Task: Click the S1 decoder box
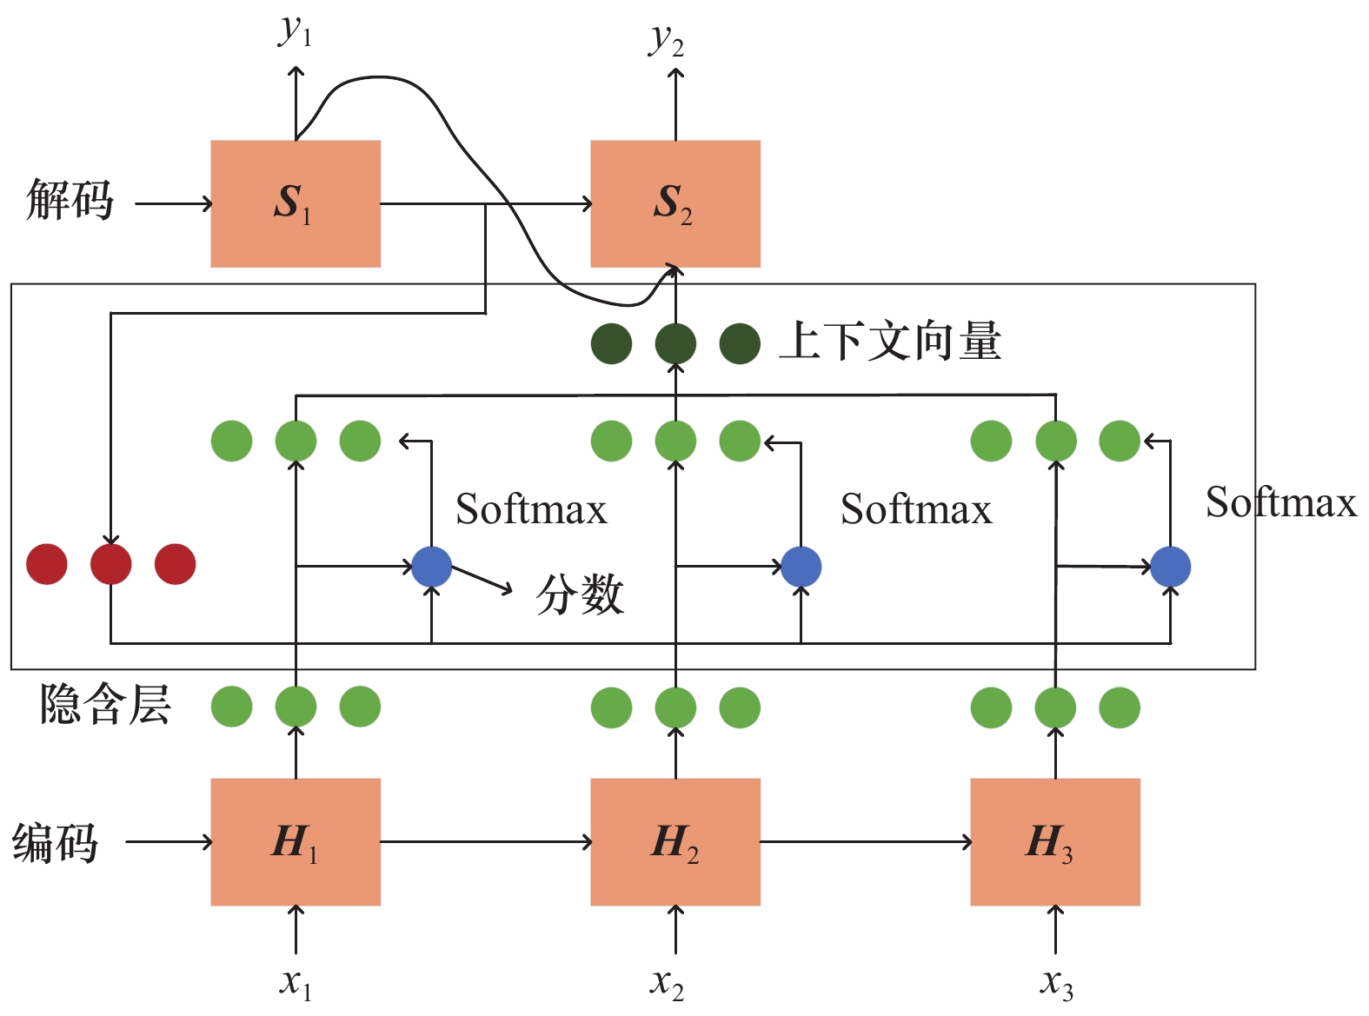click(x=296, y=203)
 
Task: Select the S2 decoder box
click(x=675, y=203)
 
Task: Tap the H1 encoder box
click(x=296, y=842)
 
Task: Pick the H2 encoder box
click(x=675, y=842)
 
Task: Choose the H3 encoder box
click(x=1055, y=842)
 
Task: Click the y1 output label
click(x=295, y=31)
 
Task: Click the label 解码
click(x=70, y=200)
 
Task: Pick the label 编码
click(x=55, y=843)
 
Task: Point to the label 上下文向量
click(x=890, y=341)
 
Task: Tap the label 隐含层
click(x=105, y=704)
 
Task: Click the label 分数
click(x=580, y=594)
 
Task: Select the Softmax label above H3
click(x=1281, y=501)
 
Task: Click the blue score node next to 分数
click(x=431, y=567)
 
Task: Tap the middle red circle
click(x=111, y=564)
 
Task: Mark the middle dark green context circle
click(x=676, y=344)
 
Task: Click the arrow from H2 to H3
click(x=866, y=842)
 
